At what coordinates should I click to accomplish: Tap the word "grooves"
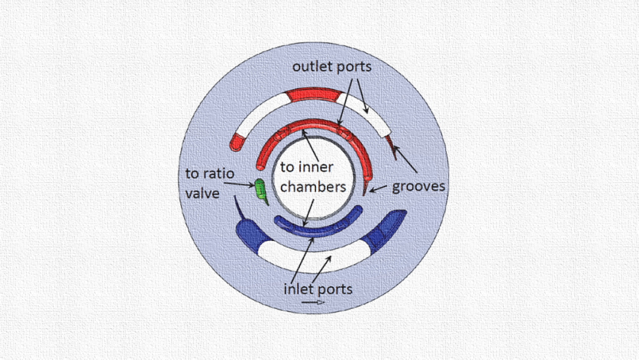coord(419,187)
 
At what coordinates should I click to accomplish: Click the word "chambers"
coord(313,187)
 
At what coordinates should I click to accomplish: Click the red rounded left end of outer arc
coord(237,142)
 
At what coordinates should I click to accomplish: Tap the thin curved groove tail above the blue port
coord(237,207)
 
